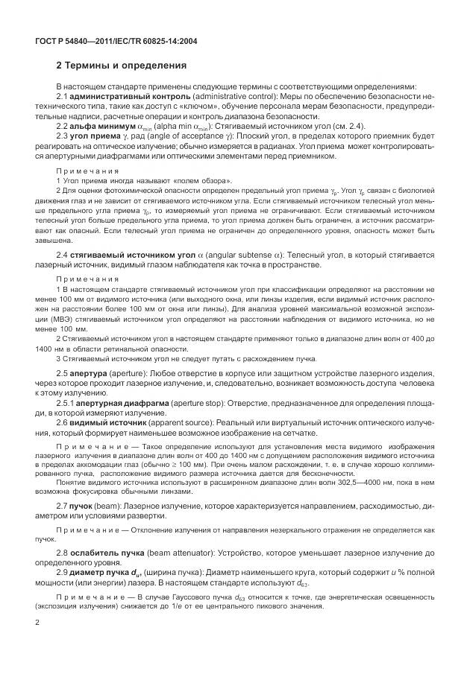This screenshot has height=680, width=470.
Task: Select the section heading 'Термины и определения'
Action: [127, 66]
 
